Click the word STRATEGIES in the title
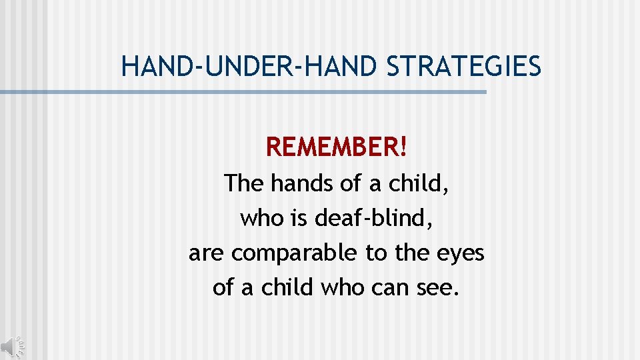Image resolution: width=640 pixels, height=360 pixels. pos(464,66)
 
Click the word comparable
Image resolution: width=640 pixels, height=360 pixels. pos(296,254)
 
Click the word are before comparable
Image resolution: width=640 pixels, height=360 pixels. pos(207,254)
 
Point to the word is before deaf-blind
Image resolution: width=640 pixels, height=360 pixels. pos(300,218)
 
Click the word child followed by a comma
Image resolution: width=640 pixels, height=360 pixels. pos(421,183)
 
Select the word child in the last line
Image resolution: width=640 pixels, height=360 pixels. pos(288,289)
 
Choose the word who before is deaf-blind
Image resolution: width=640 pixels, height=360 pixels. pos(262,218)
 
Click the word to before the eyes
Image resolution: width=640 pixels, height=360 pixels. pos(375,254)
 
